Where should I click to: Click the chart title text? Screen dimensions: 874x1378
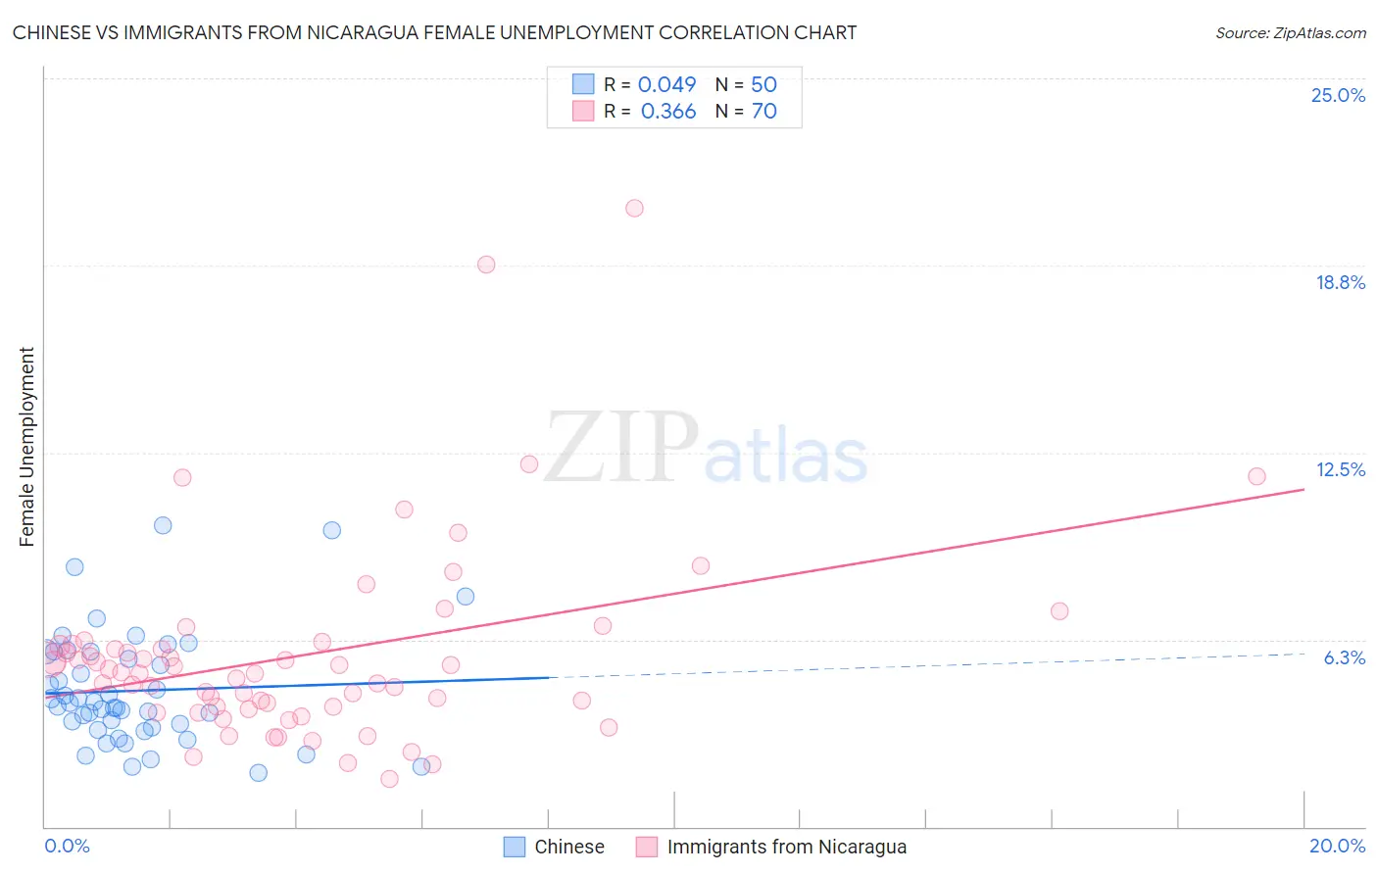point(434,33)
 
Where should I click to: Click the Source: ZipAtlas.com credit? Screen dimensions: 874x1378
point(1290,33)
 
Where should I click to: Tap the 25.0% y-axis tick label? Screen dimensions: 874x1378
point(1338,95)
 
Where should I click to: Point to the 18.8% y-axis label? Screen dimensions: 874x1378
point(1340,282)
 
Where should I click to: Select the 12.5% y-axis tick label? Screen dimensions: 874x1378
point(1340,469)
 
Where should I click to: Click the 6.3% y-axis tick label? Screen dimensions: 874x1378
point(1344,657)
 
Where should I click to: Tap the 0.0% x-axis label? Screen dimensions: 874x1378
point(67,846)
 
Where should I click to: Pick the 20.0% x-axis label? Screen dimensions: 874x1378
point(1337,846)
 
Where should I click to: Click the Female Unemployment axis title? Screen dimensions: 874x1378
point(26,447)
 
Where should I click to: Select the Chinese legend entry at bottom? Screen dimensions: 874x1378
point(568,847)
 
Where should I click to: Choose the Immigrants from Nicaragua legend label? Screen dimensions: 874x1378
point(786,847)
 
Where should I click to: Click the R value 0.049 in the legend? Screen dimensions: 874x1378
point(666,84)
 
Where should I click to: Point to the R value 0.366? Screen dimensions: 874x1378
point(667,112)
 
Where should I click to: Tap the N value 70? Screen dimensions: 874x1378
point(763,112)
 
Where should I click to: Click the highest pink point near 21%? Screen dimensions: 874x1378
point(634,208)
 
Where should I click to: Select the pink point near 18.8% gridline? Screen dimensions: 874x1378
point(486,265)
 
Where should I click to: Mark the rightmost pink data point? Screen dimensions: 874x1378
point(1256,476)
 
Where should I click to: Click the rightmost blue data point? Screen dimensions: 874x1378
point(466,597)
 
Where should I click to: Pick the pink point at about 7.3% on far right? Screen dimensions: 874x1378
point(1058,611)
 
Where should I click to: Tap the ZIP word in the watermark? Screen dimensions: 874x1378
point(621,449)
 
